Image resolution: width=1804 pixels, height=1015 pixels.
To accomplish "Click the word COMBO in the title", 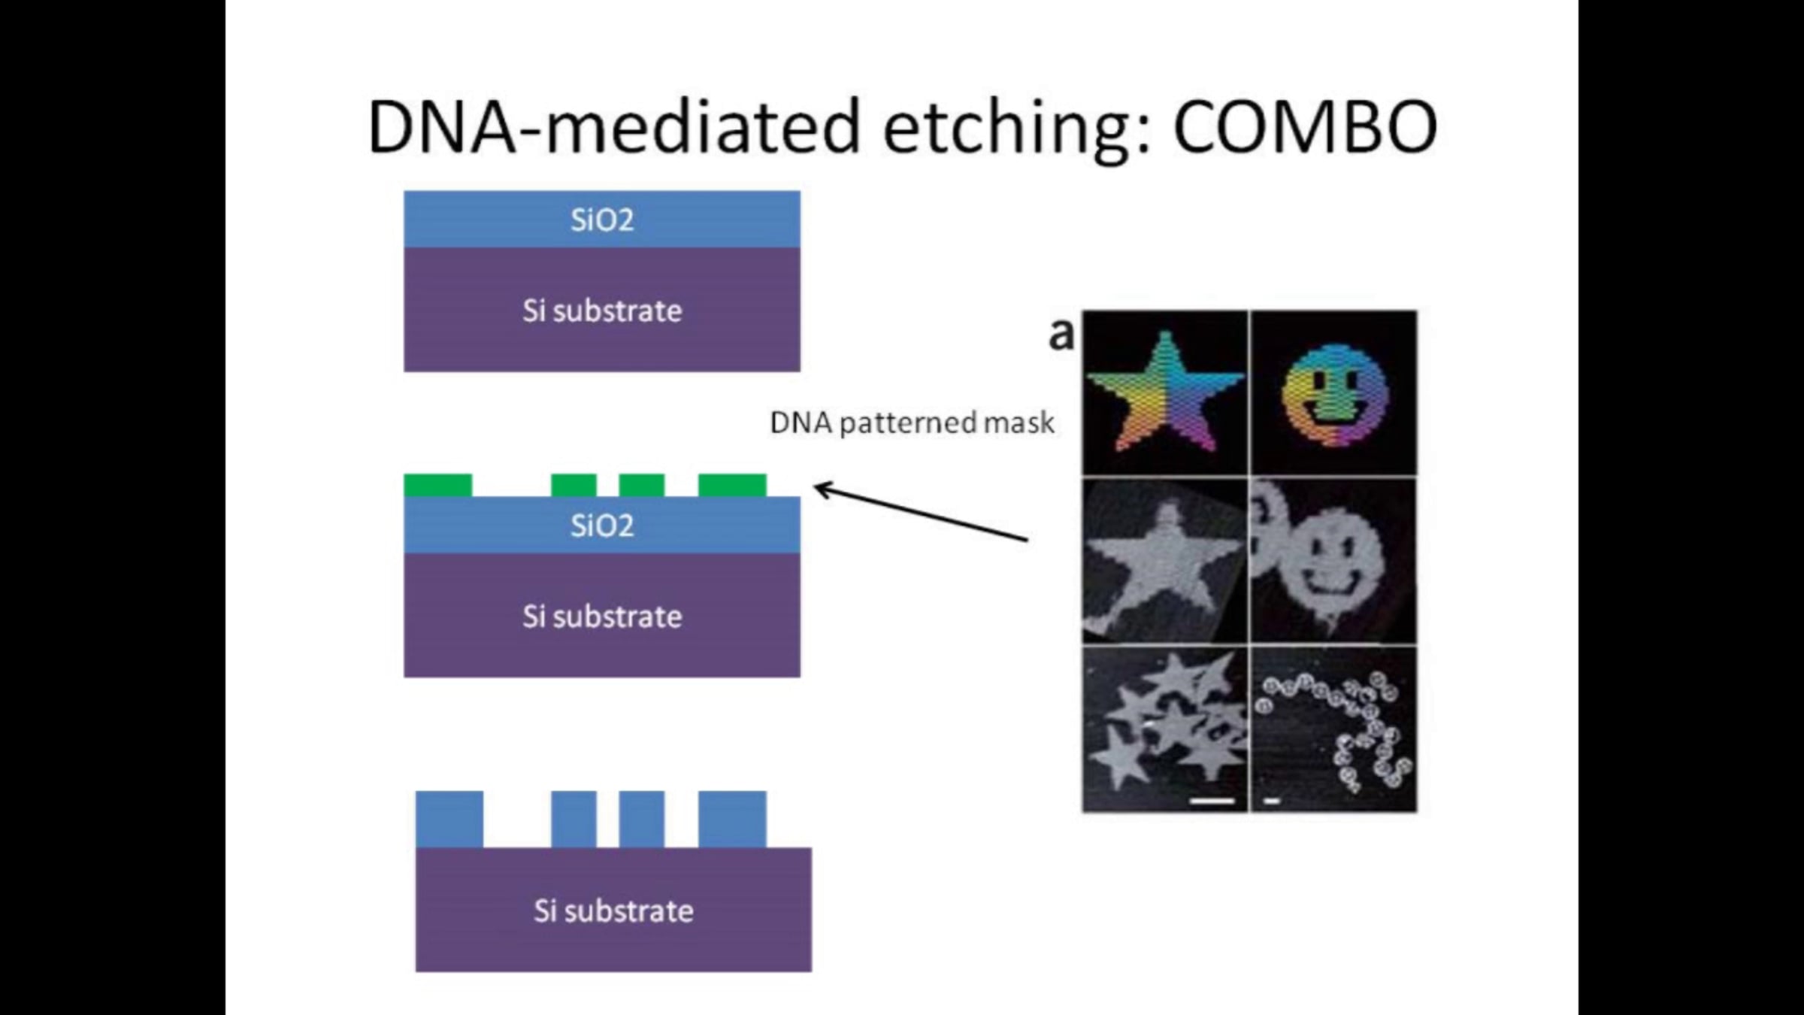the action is coord(1305,126).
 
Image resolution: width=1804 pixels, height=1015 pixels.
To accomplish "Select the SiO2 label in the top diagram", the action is coord(602,220).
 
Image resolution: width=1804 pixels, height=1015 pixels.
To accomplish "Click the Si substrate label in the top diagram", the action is coord(602,311).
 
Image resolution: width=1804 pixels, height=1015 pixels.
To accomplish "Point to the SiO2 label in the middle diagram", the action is coord(602,526).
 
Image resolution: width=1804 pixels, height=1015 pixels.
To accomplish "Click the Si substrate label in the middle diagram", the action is coord(602,617).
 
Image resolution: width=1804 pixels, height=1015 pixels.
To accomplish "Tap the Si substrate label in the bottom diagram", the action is coord(613,910).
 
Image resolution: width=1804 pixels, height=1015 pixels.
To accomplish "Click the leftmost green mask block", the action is coord(438,486).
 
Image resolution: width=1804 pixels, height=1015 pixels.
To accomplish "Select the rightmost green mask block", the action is coord(732,486).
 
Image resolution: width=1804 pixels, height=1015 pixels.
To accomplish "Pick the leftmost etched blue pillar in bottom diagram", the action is coord(449,820).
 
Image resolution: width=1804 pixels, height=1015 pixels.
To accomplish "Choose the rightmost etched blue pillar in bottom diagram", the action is coord(732,820).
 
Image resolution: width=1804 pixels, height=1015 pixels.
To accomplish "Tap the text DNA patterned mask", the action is coord(912,423).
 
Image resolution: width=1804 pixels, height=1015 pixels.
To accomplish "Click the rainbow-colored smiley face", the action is coord(1334,395).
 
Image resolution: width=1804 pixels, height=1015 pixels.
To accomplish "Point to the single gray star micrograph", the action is coord(1164,563).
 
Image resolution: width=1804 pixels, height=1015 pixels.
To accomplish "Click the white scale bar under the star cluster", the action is coord(1212,801).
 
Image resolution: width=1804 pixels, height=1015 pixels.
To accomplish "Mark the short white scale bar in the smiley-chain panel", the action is coord(1272,801).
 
